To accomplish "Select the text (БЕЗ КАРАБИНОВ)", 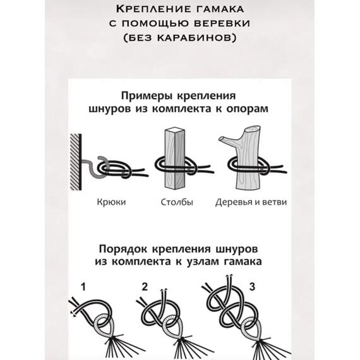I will pyautogui.click(x=180, y=40).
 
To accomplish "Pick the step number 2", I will pyautogui.click(x=145, y=287).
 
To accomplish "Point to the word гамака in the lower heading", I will pyautogui.click(x=241, y=260).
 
